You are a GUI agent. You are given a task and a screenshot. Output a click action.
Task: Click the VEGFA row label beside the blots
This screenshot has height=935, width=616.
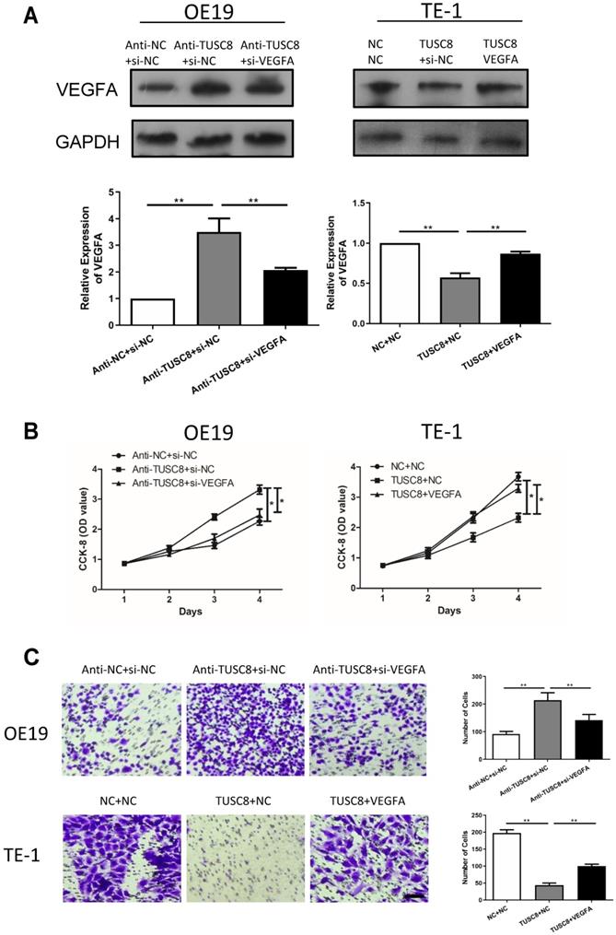[x=55, y=92]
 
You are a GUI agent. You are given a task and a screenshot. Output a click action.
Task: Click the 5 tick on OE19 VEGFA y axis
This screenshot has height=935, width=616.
[x=115, y=193]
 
